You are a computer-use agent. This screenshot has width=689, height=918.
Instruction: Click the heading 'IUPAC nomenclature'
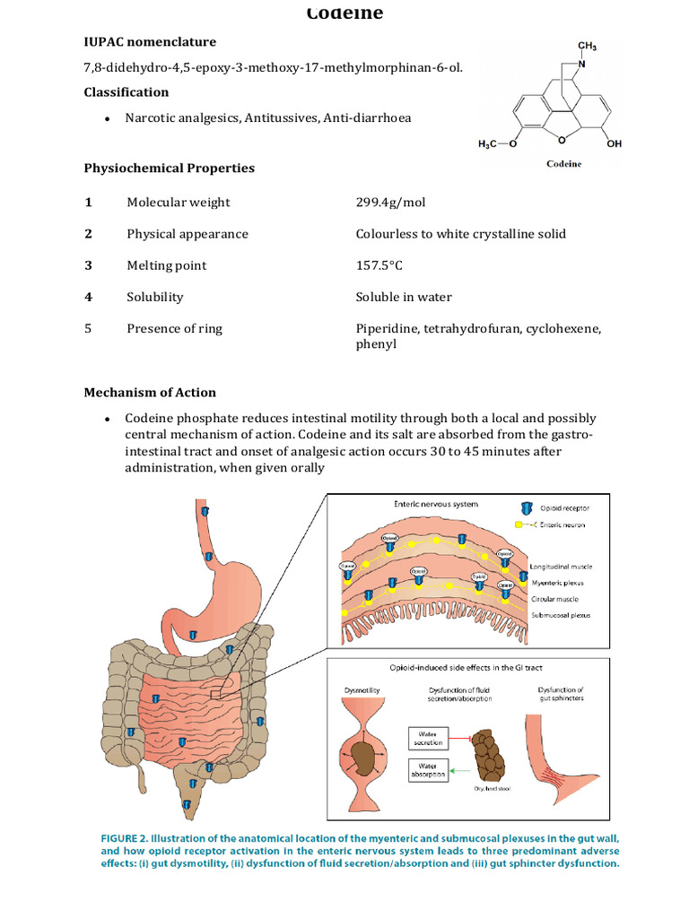[x=150, y=42]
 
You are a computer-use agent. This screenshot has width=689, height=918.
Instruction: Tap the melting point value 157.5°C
[x=380, y=265]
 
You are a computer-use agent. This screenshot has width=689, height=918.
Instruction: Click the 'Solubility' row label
[x=154, y=297]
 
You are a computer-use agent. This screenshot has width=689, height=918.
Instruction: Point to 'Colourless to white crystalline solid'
[x=460, y=234]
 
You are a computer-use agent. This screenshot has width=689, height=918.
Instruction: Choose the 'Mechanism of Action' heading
[x=150, y=393]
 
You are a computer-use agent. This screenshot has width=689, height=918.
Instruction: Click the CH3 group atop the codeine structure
[x=587, y=46]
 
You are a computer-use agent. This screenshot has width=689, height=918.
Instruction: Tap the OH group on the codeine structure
[x=614, y=143]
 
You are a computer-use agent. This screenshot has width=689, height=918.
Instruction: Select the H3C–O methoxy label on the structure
[x=496, y=143]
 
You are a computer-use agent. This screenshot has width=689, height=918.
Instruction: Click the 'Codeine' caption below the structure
[x=564, y=164]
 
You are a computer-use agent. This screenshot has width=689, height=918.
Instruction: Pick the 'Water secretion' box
[x=427, y=738]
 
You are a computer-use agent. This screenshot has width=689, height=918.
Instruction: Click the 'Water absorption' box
[x=427, y=770]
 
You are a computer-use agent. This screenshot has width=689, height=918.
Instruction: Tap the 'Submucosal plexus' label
[x=562, y=615]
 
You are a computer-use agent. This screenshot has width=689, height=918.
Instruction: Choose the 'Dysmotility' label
[x=363, y=689]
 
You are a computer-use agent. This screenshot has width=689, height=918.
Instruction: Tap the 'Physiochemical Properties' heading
[x=169, y=168]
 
